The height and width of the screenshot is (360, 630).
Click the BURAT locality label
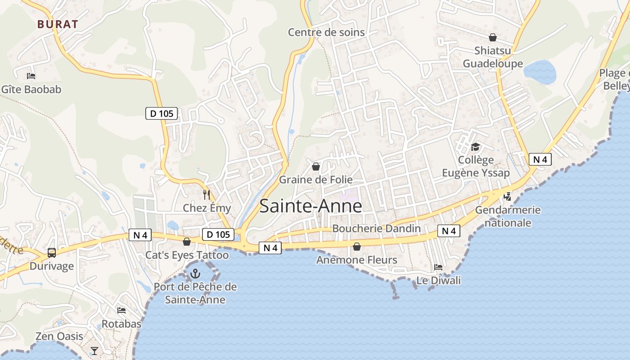pyautogui.click(x=58, y=24)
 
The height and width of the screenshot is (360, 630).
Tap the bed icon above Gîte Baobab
pyautogui.click(x=31, y=76)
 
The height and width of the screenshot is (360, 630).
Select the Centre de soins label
pyautogui.click(x=326, y=32)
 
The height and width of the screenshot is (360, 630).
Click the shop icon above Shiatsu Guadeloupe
pyautogui.click(x=493, y=37)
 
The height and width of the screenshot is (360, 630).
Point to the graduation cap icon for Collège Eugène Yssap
pyautogui.click(x=475, y=147)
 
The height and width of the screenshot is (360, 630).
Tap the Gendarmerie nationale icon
pyautogui.click(x=508, y=196)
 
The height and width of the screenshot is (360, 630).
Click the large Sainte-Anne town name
pyautogui.click(x=311, y=206)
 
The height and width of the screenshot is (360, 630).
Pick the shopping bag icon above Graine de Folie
pyautogui.click(x=316, y=166)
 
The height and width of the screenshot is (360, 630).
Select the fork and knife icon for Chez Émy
pyautogui.click(x=207, y=194)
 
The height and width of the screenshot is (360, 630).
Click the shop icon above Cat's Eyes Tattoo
pyautogui.click(x=187, y=242)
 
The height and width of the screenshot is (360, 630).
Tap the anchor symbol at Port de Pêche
pyautogui.click(x=195, y=273)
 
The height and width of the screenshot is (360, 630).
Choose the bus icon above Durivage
pyautogui.click(x=52, y=253)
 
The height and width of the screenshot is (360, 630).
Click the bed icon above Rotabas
pyautogui.click(x=121, y=310)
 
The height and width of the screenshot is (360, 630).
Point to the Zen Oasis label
pyautogui.click(x=59, y=336)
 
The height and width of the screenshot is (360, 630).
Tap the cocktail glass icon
pyautogui.click(x=94, y=351)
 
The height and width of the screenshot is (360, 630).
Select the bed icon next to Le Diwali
pyautogui.click(x=438, y=267)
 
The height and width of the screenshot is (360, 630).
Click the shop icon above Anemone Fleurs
pyautogui.click(x=357, y=247)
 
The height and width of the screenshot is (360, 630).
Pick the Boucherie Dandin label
pyautogui.click(x=376, y=229)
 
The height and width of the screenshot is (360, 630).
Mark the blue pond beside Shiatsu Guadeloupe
pyautogui.click(x=540, y=71)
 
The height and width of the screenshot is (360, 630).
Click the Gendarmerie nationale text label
pyautogui.click(x=508, y=216)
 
